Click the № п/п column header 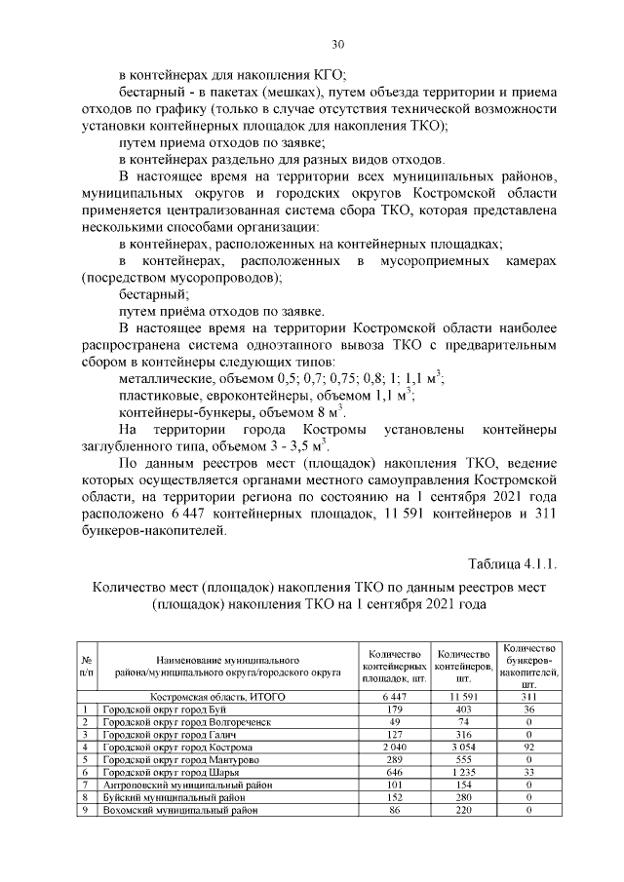point(87,666)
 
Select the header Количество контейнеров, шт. point(462,666)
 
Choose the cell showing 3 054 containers point(462,746)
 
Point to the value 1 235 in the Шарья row point(462,771)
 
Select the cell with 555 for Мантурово point(462,758)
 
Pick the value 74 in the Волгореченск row point(462,721)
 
